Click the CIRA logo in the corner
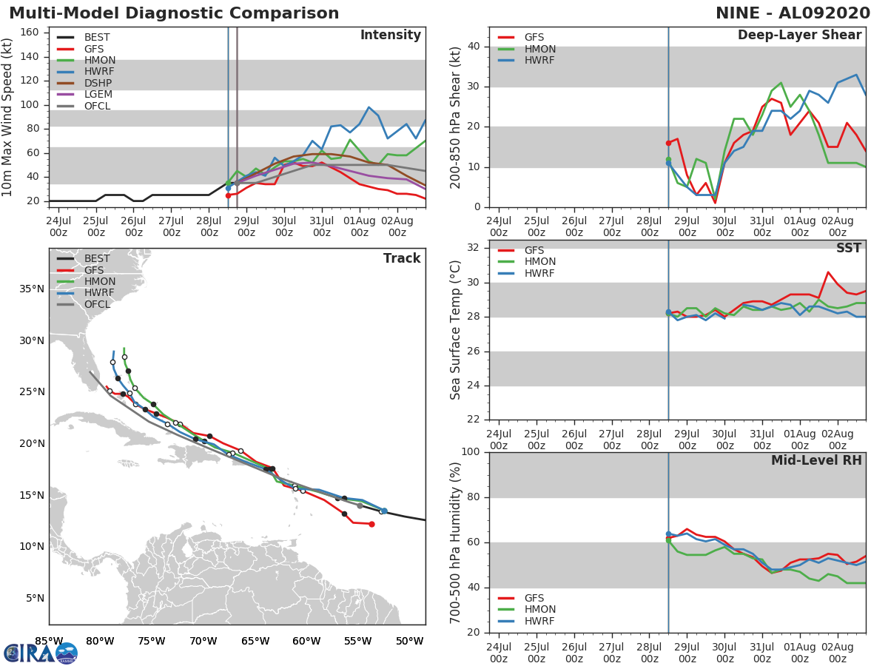click(x=41, y=653)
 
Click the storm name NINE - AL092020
click(x=793, y=13)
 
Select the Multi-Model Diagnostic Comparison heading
click(x=174, y=13)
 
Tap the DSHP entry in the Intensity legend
click(x=84, y=83)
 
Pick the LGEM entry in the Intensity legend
click(x=84, y=94)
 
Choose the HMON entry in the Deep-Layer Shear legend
click(x=527, y=49)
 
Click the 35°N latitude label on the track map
click(x=32, y=289)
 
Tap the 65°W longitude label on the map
click(x=255, y=641)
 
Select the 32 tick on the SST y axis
click(x=474, y=247)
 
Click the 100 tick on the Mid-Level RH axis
click(x=471, y=451)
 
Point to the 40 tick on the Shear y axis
click(x=474, y=46)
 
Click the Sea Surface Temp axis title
click(x=455, y=330)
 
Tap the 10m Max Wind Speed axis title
click(x=7, y=117)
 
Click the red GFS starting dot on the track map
click(x=371, y=524)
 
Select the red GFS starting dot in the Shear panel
click(x=668, y=143)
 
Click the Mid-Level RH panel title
click(x=816, y=460)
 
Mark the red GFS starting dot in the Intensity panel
click(x=228, y=195)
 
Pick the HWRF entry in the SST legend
click(x=526, y=273)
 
